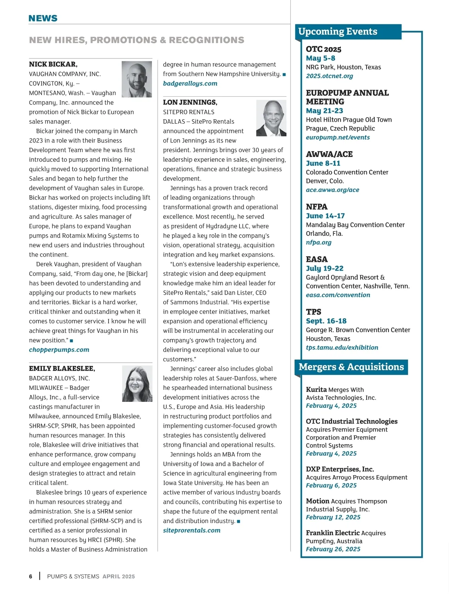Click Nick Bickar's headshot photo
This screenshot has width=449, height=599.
coord(137,79)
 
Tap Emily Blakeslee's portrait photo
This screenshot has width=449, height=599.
coord(137,384)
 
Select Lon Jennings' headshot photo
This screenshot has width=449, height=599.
coord(271,118)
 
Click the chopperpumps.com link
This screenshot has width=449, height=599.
coord(59,350)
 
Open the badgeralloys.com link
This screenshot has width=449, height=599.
coord(190,84)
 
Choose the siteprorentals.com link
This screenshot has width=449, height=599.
coord(192,530)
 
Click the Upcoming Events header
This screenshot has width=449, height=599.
coord(338,31)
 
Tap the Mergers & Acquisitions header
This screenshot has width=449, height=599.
coord(351,367)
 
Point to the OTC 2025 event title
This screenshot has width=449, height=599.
coord(324,49)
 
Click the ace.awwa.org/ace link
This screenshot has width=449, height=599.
coord(333,190)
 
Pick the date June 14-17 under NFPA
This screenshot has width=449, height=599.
coord(326,216)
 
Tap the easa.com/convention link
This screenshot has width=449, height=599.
coord(338,295)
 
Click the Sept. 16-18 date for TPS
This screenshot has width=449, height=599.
coord(326,321)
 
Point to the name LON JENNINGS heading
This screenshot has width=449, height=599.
coord(190,102)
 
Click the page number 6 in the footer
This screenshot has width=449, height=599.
coord(31,577)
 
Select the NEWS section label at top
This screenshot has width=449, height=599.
coord(43,18)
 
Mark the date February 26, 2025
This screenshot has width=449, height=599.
coord(333,549)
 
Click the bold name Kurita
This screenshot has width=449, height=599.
coord(316,389)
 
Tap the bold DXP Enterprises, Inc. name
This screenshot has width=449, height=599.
coord(340,469)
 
